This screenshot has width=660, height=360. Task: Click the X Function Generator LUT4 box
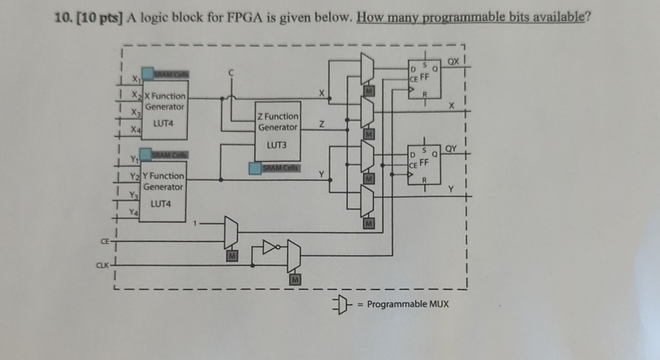point(164,110)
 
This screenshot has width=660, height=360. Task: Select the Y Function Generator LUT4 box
point(163,191)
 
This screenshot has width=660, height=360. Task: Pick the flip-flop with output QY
point(424,164)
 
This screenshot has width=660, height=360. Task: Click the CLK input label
point(102,265)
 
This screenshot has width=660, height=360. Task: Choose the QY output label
point(451,148)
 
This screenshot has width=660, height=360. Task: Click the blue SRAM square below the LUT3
point(255,168)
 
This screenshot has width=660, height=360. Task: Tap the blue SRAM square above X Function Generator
point(148,74)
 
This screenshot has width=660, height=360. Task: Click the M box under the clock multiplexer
point(295,280)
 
